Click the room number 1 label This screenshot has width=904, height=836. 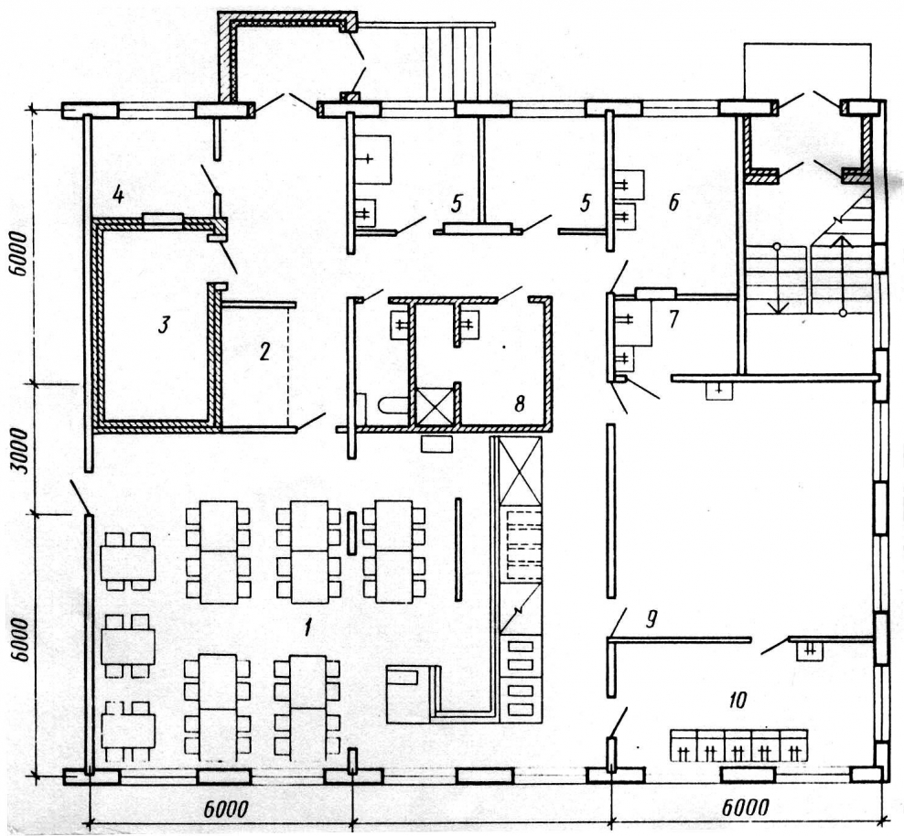pyautogui.click(x=308, y=627)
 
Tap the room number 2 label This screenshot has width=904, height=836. pyautogui.click(x=264, y=351)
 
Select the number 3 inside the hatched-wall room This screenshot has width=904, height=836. pyautogui.click(x=164, y=326)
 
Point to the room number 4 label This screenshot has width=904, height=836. pyautogui.click(x=118, y=196)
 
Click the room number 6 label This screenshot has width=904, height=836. pyautogui.click(x=673, y=202)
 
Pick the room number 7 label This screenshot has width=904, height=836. pyautogui.click(x=673, y=319)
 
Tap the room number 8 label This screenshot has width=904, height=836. pyautogui.click(x=520, y=404)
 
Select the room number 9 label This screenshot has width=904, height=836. pyautogui.click(x=651, y=619)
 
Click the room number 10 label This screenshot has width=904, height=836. pyautogui.click(x=737, y=700)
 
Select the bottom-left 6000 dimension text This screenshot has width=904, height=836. pyautogui.click(x=225, y=809)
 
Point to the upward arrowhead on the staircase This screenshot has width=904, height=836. pyautogui.click(x=843, y=242)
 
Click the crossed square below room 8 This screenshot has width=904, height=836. pyautogui.click(x=436, y=405)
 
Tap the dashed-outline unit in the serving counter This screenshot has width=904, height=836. pyautogui.click(x=523, y=544)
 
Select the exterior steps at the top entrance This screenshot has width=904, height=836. pyautogui.click(x=459, y=64)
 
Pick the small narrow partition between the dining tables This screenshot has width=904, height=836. pyautogui.click(x=351, y=533)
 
